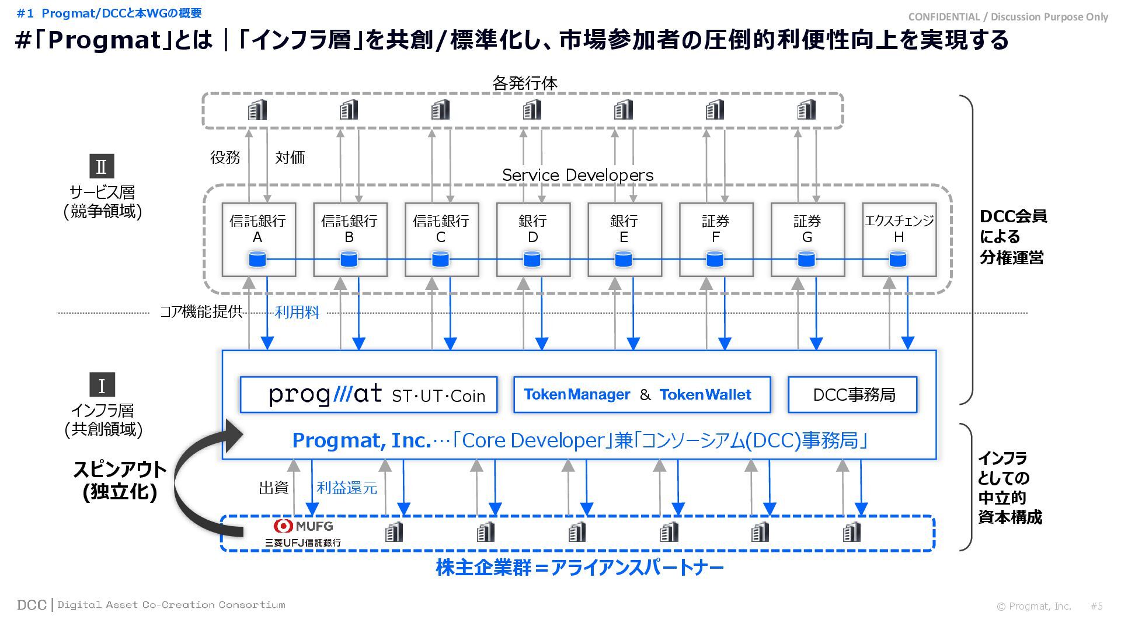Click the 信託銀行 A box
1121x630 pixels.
pyautogui.click(x=258, y=239)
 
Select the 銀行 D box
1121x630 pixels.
pyautogui.click(x=533, y=239)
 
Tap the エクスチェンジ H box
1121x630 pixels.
pyautogui.click(x=899, y=239)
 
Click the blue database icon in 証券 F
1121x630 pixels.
pyautogui.click(x=715, y=258)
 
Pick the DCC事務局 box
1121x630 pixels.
pyautogui.click(x=853, y=395)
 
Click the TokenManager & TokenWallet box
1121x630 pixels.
pyautogui.click(x=642, y=395)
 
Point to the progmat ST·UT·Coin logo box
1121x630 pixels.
pyautogui.click(x=368, y=395)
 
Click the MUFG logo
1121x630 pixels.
pyautogui.click(x=303, y=526)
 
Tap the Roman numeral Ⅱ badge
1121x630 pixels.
pyautogui.click(x=102, y=166)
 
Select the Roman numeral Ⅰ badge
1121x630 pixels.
pyautogui.click(x=102, y=385)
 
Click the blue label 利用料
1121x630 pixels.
pyautogui.click(x=297, y=312)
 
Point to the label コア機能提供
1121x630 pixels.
pyautogui.click(x=201, y=312)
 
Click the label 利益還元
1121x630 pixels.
pyautogui.click(x=347, y=488)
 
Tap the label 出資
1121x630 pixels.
pyautogui.click(x=274, y=488)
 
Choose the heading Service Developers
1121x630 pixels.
pyautogui.click(x=577, y=175)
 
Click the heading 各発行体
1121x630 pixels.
pyautogui.click(x=524, y=83)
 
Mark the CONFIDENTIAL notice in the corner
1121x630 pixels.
pyautogui.click(x=1008, y=17)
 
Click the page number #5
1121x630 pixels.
pyautogui.click(x=1096, y=606)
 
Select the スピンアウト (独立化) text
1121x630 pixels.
pyautogui.click(x=120, y=480)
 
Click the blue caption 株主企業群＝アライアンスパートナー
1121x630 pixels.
pyautogui.click(x=580, y=568)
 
